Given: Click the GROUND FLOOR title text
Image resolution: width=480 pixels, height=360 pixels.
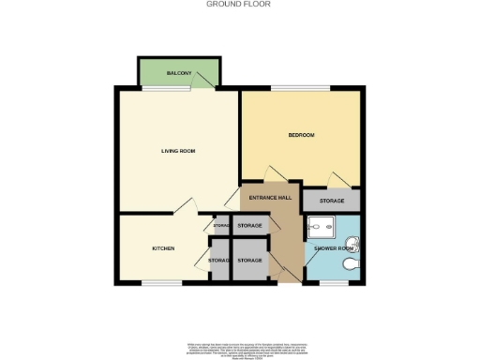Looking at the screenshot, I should pos(240,4).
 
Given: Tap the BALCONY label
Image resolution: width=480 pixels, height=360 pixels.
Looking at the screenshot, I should pos(179,73).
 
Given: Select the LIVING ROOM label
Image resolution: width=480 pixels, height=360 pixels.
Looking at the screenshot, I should pos(177,150).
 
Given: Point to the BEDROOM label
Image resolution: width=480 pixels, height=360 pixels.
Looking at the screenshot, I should pos(301,136).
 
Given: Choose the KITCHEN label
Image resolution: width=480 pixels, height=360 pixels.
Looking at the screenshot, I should pos(164,248).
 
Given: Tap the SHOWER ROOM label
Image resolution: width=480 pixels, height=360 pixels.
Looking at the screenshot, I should pos(332,248).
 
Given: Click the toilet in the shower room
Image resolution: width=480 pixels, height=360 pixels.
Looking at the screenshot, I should pos(350,267).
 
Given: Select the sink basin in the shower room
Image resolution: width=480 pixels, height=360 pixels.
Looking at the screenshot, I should pos(352,246).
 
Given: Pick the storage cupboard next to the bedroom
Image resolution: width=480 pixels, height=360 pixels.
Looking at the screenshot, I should pos(332,202).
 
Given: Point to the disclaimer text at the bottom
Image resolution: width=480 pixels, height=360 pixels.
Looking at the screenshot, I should pos(240,349).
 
